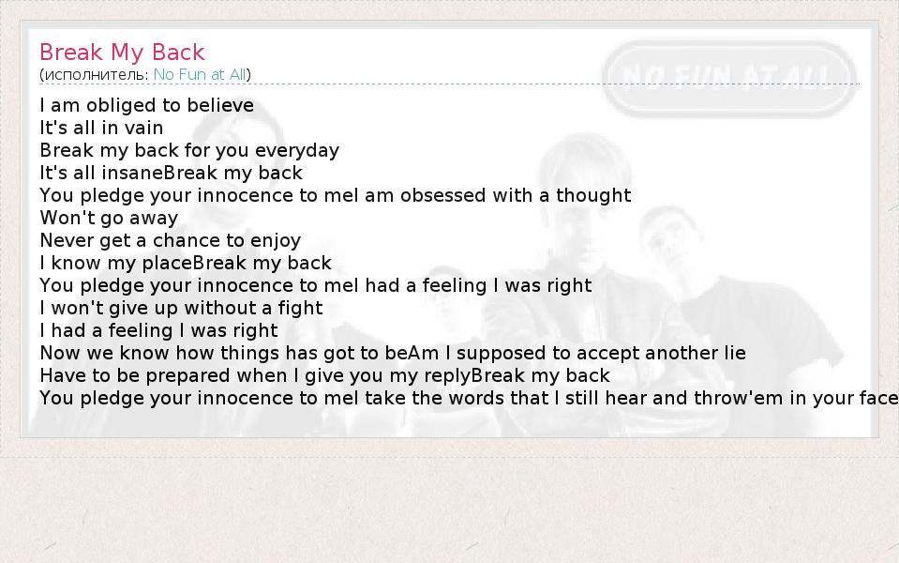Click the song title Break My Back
tap(122, 53)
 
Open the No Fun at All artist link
tap(200, 75)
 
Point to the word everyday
tap(297, 151)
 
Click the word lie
tap(734, 353)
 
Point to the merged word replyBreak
tap(472, 376)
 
